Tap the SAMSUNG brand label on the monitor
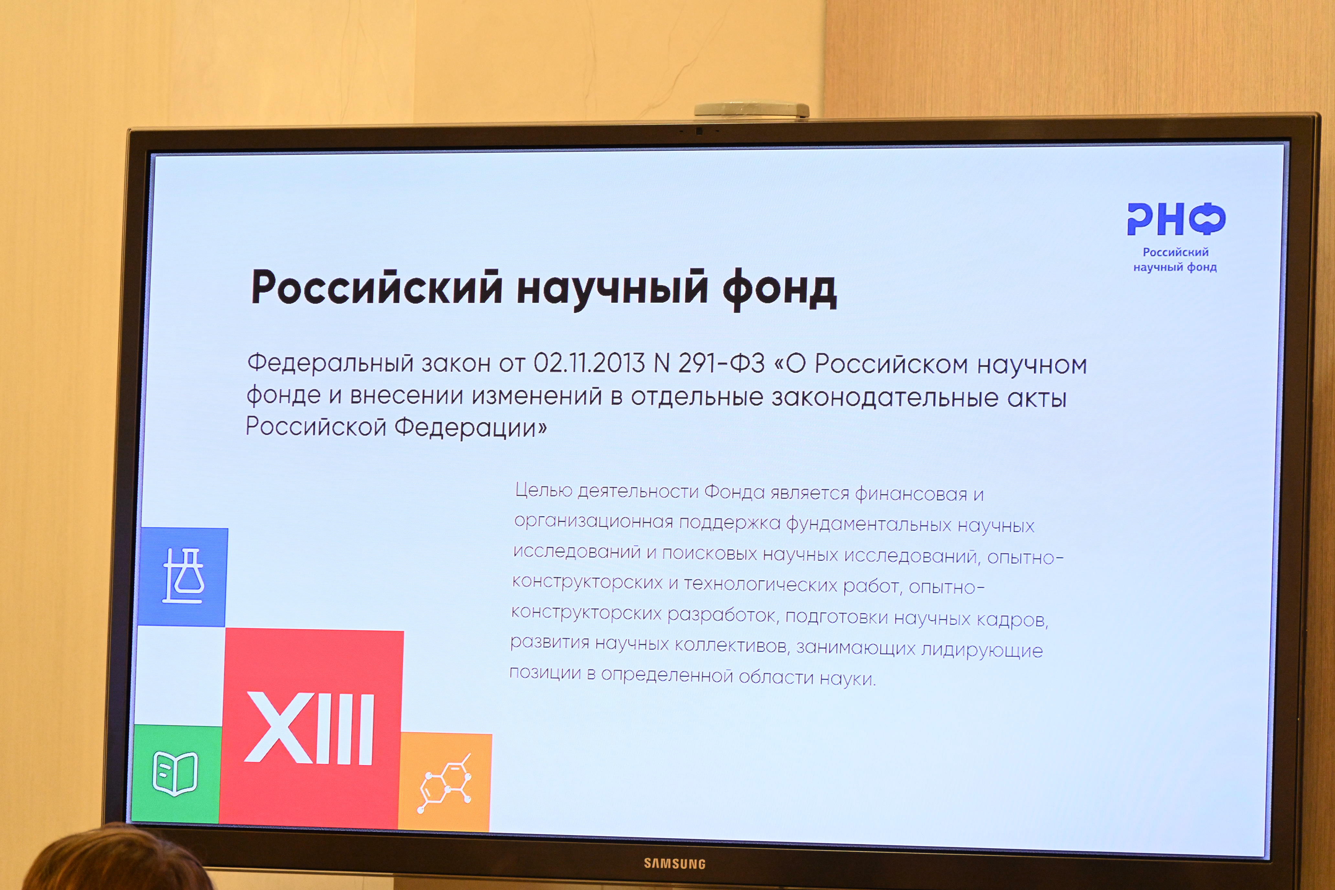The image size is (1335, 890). [674, 863]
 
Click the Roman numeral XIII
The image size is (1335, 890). [310, 728]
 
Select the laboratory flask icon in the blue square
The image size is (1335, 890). [183, 576]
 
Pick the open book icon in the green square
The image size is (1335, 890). [175, 773]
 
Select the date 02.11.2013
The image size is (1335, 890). [589, 363]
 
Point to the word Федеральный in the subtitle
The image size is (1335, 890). [330, 362]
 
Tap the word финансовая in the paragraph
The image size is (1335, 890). [910, 494]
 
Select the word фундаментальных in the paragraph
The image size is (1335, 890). [868, 525]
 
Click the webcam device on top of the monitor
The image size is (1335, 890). [752, 110]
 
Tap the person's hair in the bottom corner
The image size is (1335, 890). [114, 860]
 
